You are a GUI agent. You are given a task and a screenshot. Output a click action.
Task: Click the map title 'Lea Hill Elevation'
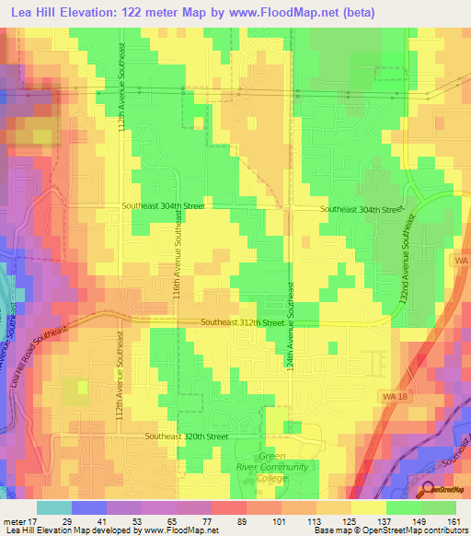(x=68, y=12)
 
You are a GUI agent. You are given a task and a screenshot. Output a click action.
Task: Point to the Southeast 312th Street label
(x=243, y=323)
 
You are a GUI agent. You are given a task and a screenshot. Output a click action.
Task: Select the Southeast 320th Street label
(x=186, y=436)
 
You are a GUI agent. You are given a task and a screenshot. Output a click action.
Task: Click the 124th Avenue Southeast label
(x=291, y=313)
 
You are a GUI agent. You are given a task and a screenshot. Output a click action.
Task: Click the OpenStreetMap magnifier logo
(x=429, y=490)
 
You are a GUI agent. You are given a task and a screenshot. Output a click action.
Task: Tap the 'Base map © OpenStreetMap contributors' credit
(x=390, y=530)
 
